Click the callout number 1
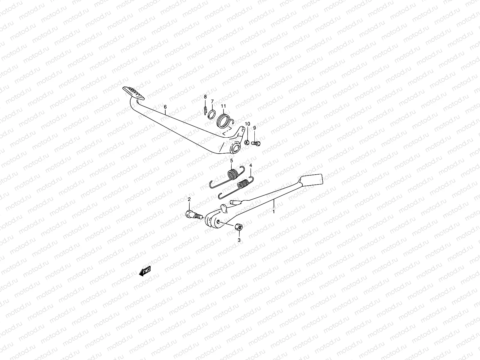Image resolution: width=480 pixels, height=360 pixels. coord(274,211)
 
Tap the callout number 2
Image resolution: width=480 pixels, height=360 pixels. coord(189,199)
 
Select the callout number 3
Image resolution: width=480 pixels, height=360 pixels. coord(239,240)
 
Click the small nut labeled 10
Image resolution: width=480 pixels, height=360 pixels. coord(246,142)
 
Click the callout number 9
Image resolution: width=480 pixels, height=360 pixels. coord(254,128)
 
